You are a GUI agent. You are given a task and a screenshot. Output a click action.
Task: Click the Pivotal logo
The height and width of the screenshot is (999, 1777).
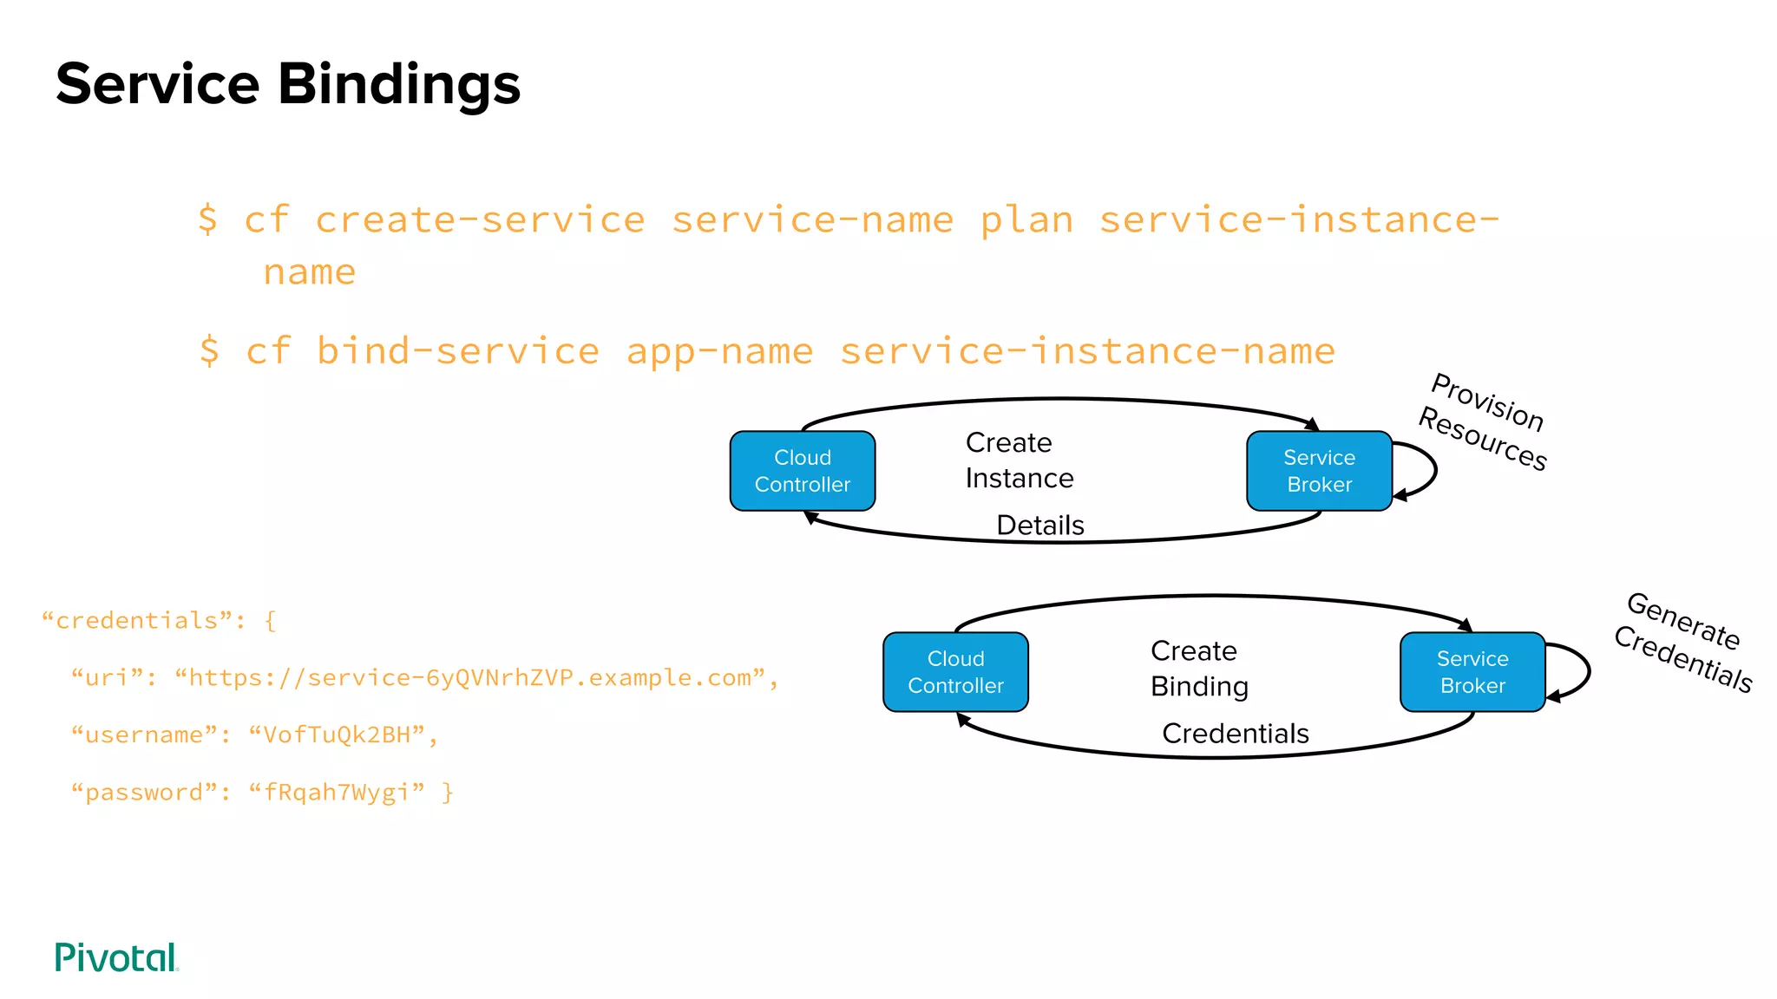(x=116, y=957)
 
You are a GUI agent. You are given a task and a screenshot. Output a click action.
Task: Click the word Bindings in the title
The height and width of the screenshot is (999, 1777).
(x=399, y=85)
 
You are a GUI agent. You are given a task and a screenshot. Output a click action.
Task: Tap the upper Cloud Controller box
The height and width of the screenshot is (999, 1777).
(x=803, y=471)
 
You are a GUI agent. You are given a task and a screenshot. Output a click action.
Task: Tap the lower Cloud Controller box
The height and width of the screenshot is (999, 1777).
(x=955, y=672)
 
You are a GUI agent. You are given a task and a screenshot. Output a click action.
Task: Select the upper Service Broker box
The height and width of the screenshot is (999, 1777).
(x=1319, y=471)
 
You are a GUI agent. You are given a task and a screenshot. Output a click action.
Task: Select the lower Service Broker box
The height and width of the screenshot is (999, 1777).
(x=1472, y=672)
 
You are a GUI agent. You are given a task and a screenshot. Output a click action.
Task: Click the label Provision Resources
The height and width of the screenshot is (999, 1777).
(x=1485, y=421)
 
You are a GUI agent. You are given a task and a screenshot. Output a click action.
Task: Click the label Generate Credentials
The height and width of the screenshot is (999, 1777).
(x=1683, y=642)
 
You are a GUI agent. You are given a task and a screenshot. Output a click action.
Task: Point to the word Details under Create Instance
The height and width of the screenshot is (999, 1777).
(x=1039, y=525)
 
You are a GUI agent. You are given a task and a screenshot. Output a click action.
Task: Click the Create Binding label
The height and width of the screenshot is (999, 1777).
(x=1199, y=669)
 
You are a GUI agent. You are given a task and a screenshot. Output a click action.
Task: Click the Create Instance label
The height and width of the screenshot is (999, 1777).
(x=1019, y=460)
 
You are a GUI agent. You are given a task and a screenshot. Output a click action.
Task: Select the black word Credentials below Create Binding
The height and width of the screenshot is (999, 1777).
(x=1235, y=734)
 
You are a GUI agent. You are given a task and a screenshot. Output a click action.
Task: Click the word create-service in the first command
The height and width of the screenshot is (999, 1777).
(x=480, y=219)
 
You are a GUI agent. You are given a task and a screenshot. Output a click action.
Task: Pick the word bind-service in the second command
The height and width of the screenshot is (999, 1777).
(x=457, y=351)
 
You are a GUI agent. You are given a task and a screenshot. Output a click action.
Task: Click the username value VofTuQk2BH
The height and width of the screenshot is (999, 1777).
(x=336, y=735)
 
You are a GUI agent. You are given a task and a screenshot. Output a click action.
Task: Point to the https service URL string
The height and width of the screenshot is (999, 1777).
(x=469, y=677)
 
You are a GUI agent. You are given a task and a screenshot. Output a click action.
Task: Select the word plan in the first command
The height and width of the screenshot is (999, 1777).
(x=1026, y=219)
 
